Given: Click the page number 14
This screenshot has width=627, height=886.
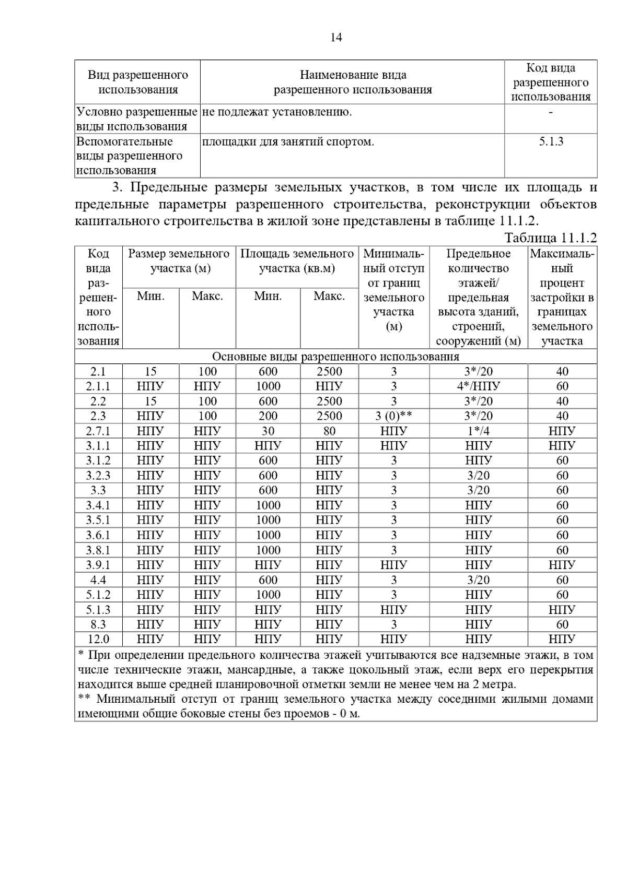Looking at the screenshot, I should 336,38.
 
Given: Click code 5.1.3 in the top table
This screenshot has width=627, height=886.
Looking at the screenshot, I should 551,141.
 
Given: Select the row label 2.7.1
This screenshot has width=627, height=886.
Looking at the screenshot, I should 98,431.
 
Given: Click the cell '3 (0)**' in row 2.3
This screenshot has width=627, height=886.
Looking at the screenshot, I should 393,416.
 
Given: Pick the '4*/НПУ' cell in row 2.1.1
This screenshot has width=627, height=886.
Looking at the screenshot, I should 478,386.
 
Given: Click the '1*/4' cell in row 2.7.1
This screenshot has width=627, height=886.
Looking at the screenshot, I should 478,431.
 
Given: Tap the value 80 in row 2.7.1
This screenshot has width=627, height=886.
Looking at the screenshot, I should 329,431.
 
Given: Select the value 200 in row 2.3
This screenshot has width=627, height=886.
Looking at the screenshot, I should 268,416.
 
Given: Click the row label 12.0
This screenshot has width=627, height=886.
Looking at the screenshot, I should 98,639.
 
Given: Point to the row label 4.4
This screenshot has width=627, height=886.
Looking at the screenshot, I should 98,580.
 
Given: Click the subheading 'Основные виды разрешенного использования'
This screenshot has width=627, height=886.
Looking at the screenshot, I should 335,357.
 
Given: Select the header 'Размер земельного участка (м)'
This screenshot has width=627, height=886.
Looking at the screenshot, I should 179,261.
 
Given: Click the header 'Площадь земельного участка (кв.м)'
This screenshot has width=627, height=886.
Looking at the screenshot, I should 297,261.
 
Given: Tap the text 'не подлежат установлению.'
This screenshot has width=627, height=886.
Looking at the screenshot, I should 277,112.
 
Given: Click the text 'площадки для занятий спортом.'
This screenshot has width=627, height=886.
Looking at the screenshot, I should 288,141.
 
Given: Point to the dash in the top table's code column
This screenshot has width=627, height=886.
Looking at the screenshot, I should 551,112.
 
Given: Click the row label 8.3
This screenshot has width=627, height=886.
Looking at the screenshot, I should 98,624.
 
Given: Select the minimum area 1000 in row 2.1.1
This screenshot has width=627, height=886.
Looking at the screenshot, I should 268,386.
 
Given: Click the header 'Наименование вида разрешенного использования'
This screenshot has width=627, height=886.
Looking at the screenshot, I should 353,82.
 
